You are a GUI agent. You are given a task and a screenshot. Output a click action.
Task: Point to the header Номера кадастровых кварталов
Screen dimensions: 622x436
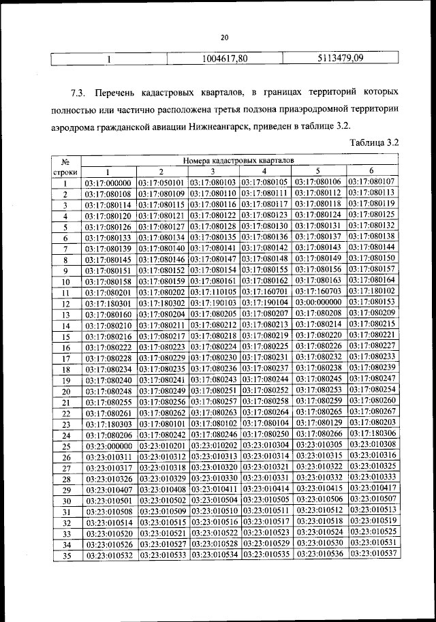pos(238,160)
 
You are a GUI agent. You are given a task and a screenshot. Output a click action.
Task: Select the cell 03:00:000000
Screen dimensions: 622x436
pos(320,302)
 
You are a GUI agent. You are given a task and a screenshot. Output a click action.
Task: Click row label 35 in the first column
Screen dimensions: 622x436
pos(67,556)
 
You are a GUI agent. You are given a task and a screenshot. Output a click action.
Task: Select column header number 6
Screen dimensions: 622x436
pos(372,171)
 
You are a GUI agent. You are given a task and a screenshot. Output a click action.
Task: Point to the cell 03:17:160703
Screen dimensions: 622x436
pos(320,291)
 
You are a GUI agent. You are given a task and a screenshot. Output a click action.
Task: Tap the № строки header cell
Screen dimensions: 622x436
pos(67,167)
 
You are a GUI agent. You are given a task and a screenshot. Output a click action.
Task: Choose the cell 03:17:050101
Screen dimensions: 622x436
pos(162,183)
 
